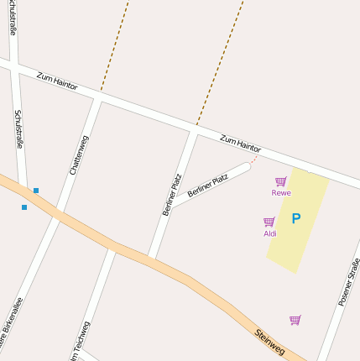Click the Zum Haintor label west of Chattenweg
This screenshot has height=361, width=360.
click(x=57, y=81)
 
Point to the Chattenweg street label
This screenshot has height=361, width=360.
click(x=79, y=154)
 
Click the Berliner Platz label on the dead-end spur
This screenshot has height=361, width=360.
click(x=208, y=186)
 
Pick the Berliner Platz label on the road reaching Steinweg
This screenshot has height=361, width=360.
click(x=172, y=195)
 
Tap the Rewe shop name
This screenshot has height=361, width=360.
click(x=280, y=193)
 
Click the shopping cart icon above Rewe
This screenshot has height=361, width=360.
click(x=280, y=181)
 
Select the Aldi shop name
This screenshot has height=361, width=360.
click(x=269, y=233)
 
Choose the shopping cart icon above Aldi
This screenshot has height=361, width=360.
click(x=269, y=222)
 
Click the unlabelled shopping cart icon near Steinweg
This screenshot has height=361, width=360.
click(x=295, y=320)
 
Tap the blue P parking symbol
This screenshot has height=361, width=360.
click(x=295, y=219)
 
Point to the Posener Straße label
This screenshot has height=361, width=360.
click(x=348, y=282)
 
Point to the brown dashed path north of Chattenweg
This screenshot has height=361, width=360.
click(x=115, y=46)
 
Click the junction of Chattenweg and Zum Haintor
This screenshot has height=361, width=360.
click(x=97, y=99)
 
